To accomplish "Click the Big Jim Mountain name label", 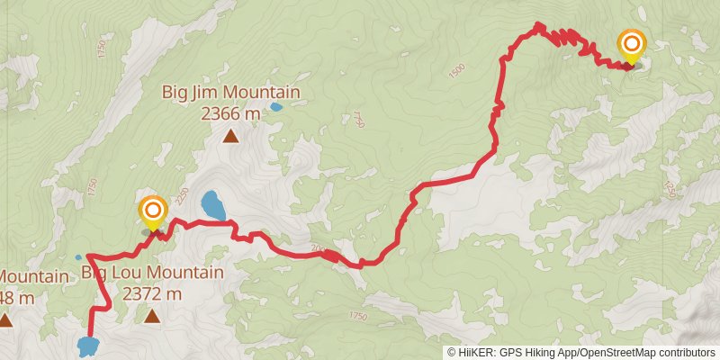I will [230, 92].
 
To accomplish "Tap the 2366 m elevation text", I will [230, 113].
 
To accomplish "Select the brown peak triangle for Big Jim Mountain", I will [231, 137].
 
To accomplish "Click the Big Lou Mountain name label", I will [152, 272].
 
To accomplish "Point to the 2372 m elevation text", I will [152, 293].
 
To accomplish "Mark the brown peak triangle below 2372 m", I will [152, 316].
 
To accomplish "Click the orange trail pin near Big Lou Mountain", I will [153, 213].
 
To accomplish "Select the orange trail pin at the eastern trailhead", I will [632, 45].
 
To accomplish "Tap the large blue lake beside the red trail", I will [213, 205].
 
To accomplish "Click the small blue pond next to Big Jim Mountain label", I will [275, 106].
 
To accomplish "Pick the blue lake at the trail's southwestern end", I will [87, 346].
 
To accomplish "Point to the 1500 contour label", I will [456, 68].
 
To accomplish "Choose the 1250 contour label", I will [669, 190].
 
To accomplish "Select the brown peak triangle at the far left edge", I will [5, 319].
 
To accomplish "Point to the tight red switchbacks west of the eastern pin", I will [562, 36].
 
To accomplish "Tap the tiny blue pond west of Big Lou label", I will [78, 257].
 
